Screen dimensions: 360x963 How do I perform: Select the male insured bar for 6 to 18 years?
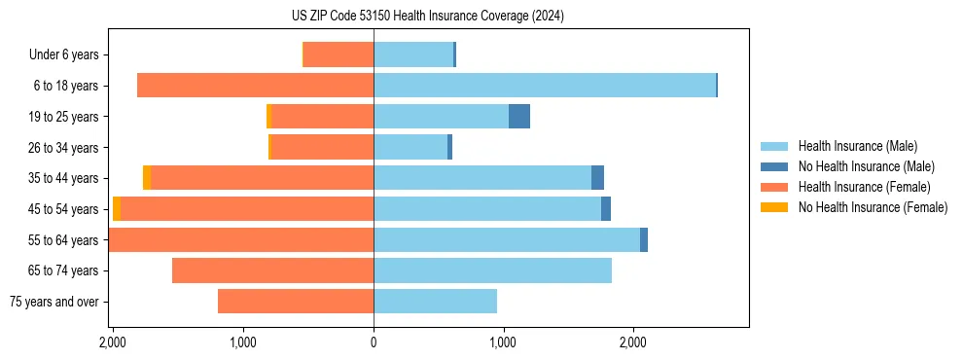[545, 86]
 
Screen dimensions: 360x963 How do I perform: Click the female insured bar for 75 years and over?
[296, 302]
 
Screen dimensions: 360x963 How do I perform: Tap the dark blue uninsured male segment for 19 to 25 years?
[519, 117]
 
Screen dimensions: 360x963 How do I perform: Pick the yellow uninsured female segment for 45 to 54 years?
[117, 209]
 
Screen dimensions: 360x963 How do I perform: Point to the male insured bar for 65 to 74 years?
[492, 270]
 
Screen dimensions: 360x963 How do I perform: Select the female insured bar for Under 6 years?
[339, 54]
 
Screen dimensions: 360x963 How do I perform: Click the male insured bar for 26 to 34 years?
[410, 147]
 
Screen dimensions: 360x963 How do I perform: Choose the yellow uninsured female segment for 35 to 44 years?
[147, 178]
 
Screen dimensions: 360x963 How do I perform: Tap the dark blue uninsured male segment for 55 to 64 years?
[644, 240]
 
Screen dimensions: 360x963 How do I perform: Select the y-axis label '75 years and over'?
[54, 302]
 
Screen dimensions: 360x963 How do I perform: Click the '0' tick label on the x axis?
[374, 342]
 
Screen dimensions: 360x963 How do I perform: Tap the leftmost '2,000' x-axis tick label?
[114, 342]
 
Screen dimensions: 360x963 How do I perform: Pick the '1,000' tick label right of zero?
[503, 342]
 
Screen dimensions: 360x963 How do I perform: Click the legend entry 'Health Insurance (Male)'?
[857, 146]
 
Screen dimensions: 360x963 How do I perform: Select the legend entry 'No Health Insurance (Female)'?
[873, 207]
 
